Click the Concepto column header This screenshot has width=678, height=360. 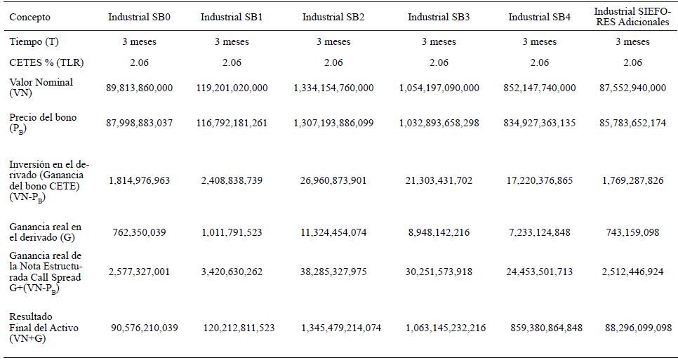pyautogui.click(x=30, y=17)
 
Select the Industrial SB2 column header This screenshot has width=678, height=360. pyautogui.click(x=333, y=17)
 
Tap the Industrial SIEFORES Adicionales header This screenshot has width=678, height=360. pyautogui.click(x=632, y=16)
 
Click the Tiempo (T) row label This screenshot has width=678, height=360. pyautogui.click(x=34, y=41)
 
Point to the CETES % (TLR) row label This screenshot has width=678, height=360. pyautogui.click(x=46, y=62)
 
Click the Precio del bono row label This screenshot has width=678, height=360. pyautogui.click(x=43, y=122)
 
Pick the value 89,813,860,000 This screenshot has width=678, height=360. pyautogui.click(x=139, y=88)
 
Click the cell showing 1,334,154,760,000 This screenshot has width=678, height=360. pyautogui.click(x=333, y=88)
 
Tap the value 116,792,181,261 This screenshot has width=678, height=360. pyautogui.click(x=232, y=123)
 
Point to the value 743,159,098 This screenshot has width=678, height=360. pyautogui.click(x=632, y=232)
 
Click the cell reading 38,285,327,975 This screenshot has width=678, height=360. pyautogui.click(x=333, y=272)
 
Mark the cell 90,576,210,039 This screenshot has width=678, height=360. pyautogui.click(x=145, y=328)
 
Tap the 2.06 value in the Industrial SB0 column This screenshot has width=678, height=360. pyautogui.click(x=139, y=62)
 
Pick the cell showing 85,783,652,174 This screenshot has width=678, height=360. pyautogui.click(x=632, y=123)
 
